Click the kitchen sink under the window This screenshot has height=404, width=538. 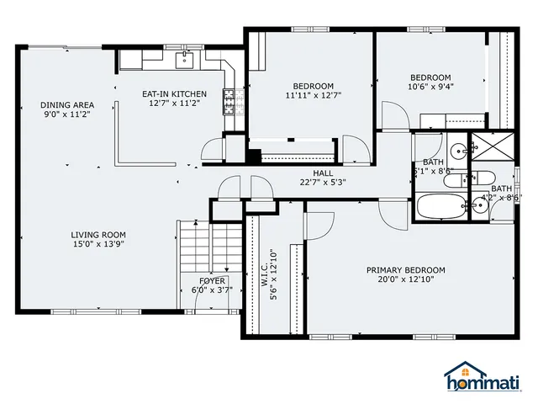185,59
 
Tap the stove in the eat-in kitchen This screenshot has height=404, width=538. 228,102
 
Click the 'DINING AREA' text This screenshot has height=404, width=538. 66,104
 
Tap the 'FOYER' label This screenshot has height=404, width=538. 212,280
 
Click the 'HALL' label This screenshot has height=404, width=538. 324,173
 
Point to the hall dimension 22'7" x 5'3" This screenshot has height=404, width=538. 324,182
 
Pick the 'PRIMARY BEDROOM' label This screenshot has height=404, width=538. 405,270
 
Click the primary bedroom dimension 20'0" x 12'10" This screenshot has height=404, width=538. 405,279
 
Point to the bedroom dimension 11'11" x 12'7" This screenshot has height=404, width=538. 313,96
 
